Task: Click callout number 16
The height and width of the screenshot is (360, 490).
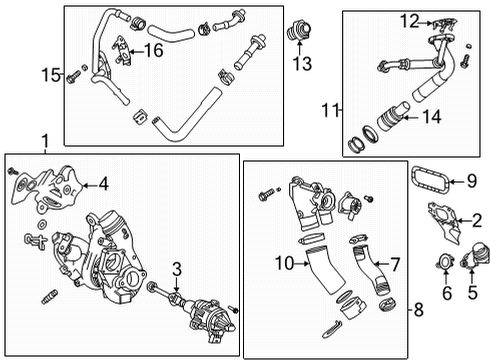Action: pyautogui.click(x=155, y=48)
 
